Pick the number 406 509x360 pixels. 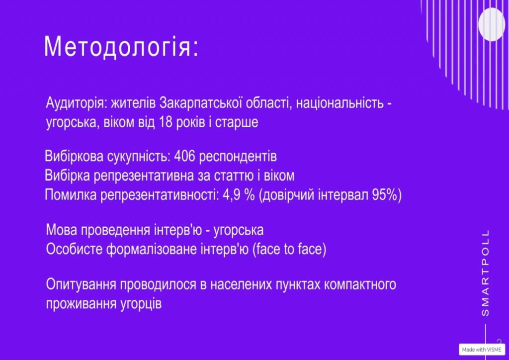pyautogui.click(x=184, y=157)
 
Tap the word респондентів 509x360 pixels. pyautogui.click(x=238, y=157)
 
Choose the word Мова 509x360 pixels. pyautogui.click(x=62, y=230)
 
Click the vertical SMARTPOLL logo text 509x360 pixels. pyautogui.click(x=485, y=273)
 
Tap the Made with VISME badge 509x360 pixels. pyautogui.click(x=482, y=349)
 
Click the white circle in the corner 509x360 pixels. pyautogui.click(x=492, y=24)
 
